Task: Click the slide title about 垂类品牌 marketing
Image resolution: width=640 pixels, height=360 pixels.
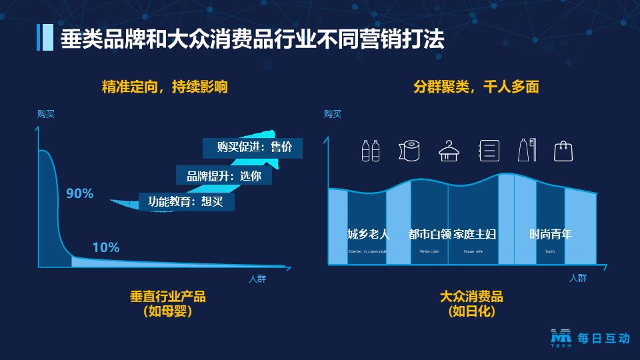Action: [252, 39]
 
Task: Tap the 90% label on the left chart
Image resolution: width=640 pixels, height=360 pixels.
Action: [80, 194]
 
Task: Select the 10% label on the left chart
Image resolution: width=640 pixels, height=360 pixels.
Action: [106, 247]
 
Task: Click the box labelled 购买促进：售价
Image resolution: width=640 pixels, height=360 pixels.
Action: [253, 147]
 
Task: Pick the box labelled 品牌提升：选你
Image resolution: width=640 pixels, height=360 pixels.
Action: [224, 176]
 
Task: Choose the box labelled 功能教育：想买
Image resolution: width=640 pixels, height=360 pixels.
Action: [186, 201]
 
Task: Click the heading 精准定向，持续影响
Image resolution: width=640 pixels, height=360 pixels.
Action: [165, 87]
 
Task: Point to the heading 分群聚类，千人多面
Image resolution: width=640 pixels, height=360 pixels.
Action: [476, 87]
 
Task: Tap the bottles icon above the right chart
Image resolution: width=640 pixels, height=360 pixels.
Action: [371, 151]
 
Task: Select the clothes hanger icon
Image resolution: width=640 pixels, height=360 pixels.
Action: [450, 151]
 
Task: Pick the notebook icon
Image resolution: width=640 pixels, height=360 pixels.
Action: [489, 151]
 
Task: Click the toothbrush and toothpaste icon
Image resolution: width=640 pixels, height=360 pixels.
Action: [527, 151]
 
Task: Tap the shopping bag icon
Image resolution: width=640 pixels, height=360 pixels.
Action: [564, 151]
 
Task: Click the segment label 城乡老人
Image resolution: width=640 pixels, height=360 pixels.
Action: [369, 234]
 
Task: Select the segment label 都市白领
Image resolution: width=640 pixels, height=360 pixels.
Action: [429, 234]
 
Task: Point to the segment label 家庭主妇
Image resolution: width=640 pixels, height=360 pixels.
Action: [475, 234]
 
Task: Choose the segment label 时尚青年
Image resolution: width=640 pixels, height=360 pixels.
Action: [551, 234]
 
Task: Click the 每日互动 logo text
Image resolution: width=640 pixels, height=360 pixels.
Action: [603, 339]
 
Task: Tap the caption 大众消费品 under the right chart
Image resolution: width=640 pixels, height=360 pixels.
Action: [471, 296]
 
